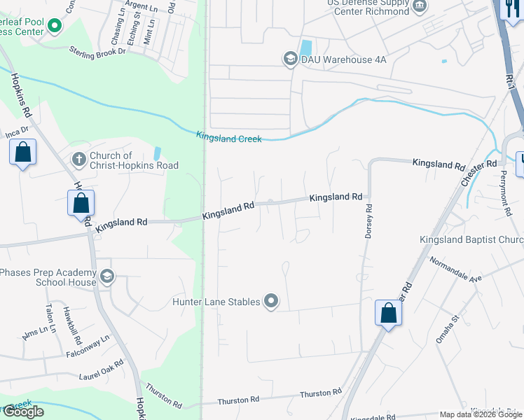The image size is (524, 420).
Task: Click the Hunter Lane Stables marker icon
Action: pos(271,302)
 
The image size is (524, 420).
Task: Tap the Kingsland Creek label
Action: pos(229,137)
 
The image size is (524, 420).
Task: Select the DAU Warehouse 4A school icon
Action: pos(290,59)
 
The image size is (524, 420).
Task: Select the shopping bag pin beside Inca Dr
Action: pos(23,152)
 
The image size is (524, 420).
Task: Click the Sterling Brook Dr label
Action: pos(97,51)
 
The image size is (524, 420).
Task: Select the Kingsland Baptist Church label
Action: pos(471,240)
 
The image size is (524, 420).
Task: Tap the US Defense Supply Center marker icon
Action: pos(420,7)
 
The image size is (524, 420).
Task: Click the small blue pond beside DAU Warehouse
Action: pos(306,48)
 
